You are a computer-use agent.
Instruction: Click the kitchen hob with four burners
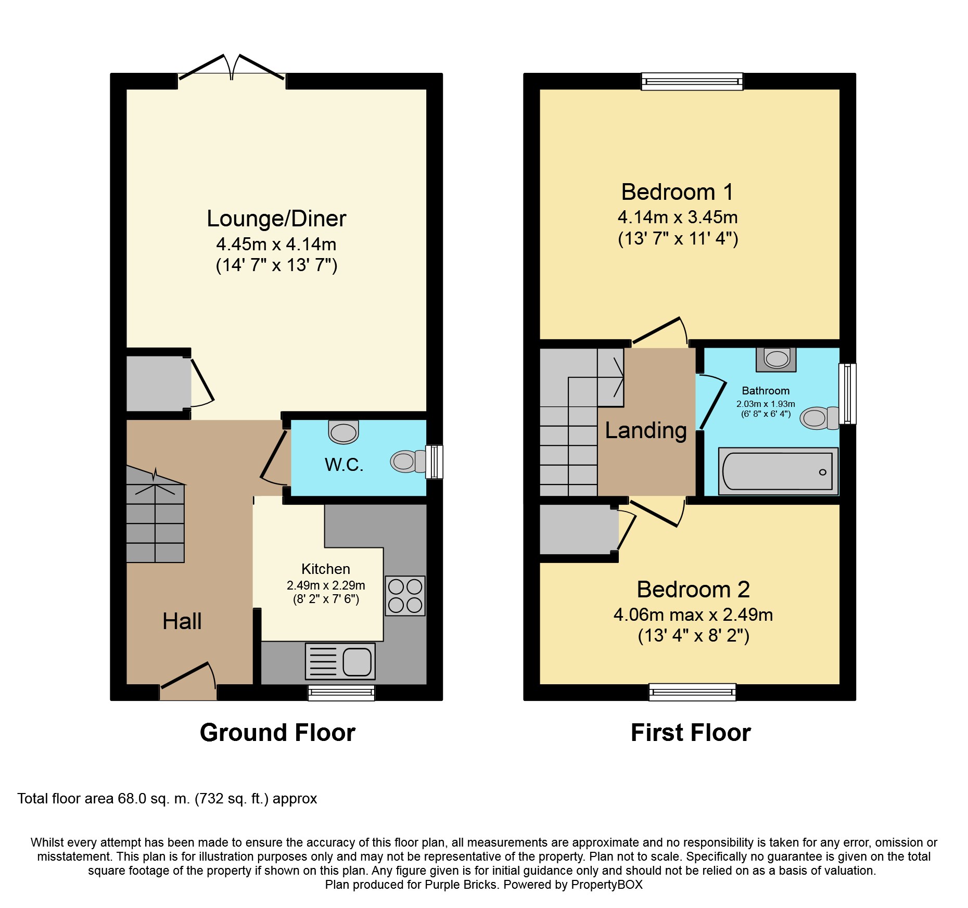405,596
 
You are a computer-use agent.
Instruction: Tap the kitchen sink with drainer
340,661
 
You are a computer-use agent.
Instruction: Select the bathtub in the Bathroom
778,471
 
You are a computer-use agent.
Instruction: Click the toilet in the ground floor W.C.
409,461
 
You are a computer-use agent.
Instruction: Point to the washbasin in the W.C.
343,432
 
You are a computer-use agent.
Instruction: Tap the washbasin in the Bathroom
776,360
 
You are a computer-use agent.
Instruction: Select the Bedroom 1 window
692,81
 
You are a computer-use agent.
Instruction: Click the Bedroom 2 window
692,692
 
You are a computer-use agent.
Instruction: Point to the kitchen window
341,693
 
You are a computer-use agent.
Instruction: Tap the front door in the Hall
188,682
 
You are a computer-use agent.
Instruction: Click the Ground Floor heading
277,733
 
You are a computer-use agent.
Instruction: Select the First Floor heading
691,733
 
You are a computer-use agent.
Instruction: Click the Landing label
646,431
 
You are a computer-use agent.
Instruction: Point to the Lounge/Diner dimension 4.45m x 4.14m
276,244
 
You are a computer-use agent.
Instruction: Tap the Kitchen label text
326,569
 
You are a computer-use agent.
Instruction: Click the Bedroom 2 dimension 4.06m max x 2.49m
693,615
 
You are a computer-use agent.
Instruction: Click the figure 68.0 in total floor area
132,799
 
